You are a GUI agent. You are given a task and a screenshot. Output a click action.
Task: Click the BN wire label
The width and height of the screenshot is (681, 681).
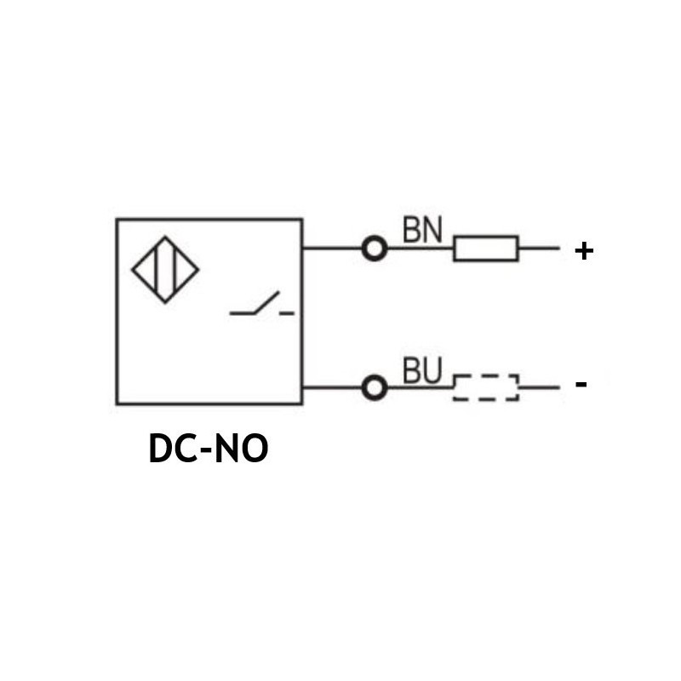click(x=422, y=230)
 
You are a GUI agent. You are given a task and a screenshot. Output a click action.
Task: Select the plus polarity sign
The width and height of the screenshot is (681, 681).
click(x=583, y=251)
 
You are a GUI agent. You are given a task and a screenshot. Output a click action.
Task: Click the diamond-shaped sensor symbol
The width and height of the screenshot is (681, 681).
click(x=165, y=271)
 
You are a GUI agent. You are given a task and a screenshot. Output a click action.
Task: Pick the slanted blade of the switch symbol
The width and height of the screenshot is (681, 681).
click(x=265, y=302)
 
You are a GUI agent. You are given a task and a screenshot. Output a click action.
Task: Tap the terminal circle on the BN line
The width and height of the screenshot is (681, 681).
click(x=374, y=249)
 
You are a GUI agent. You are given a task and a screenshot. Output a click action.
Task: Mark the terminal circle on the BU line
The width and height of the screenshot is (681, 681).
click(x=374, y=388)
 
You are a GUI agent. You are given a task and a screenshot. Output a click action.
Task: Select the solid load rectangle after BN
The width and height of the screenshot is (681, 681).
click(x=485, y=249)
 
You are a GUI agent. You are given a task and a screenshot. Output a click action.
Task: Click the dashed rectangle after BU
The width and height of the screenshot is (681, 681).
click(x=485, y=388)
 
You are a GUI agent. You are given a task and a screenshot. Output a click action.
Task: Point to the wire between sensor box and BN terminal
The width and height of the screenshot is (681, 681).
click(x=332, y=249)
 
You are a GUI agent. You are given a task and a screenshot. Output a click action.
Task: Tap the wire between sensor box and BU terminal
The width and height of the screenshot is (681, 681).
click(x=332, y=388)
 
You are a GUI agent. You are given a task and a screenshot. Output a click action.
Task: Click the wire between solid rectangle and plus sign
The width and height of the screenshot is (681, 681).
click(x=538, y=249)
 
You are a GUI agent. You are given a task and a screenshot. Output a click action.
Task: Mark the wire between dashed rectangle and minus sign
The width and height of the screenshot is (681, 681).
click(x=538, y=388)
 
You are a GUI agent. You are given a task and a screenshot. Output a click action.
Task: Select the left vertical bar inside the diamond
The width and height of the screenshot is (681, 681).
click(x=156, y=271)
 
